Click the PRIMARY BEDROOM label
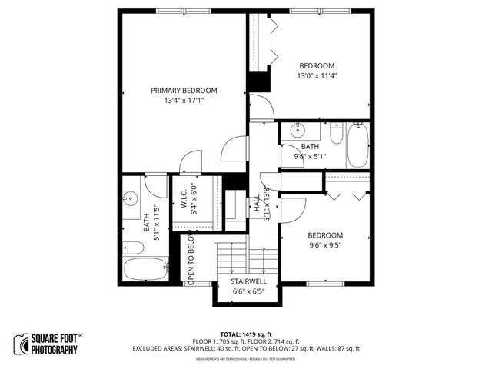pos(184,90)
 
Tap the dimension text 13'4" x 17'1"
pos(184,101)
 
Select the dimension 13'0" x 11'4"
pos(317,76)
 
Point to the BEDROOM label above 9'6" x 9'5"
pos(325,234)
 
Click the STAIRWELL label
pos(249,281)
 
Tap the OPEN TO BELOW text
pos(191,260)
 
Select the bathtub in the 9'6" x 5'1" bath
pos(358,146)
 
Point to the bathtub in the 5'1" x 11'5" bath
pos(145,270)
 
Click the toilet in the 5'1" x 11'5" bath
pos(132,247)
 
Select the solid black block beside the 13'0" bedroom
pos(258,81)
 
